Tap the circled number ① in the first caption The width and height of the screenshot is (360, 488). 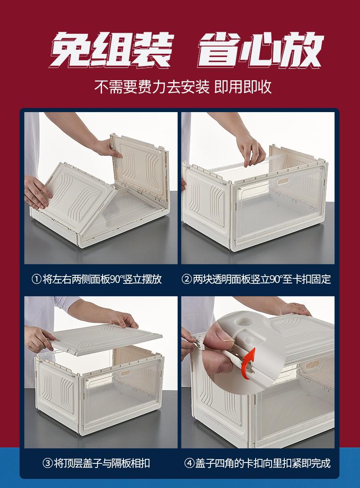pyautogui.click(x=37, y=279)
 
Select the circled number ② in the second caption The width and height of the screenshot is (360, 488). pyautogui.click(x=186, y=279)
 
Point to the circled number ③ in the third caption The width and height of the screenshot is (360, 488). pyautogui.click(x=47, y=463)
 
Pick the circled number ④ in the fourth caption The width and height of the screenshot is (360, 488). pyautogui.click(x=190, y=463)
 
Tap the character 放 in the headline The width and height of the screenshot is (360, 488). pyautogui.click(x=301, y=50)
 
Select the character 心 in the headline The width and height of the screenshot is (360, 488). pyautogui.click(x=259, y=50)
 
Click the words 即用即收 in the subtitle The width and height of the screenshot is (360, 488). pyautogui.click(x=243, y=87)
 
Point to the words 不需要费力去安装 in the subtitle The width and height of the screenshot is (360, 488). pyautogui.click(x=152, y=87)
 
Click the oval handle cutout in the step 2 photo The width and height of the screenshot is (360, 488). pyautogui.click(x=283, y=181)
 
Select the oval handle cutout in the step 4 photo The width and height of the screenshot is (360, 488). pyautogui.click(x=312, y=365)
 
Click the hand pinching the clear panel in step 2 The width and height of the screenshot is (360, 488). pyautogui.click(x=251, y=149)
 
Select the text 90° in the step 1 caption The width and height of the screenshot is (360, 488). pyautogui.click(x=116, y=279)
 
